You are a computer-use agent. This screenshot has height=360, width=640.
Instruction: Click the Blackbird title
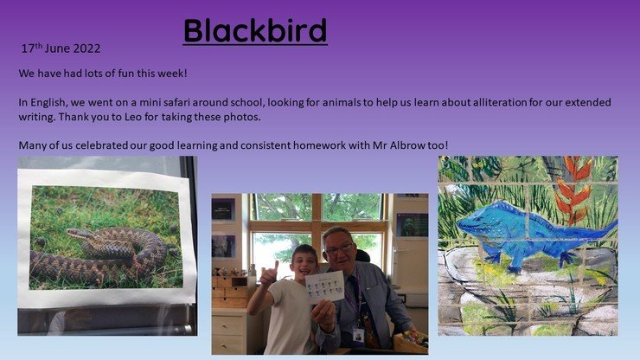click(x=255, y=30)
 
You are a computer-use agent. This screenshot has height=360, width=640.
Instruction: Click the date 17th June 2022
click(x=61, y=48)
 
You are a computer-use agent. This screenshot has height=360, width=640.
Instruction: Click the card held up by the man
click(x=324, y=287)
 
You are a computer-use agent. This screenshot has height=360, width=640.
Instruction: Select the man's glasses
click(x=340, y=249)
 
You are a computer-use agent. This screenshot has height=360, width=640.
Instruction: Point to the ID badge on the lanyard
click(x=358, y=335)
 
